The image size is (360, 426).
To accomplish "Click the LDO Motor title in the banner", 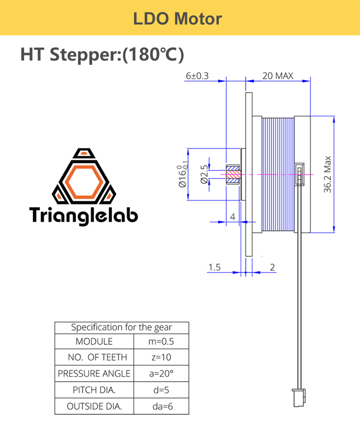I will click(177, 18).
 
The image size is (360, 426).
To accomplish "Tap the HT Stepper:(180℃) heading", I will click(102, 54).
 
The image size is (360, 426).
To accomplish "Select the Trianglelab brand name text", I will click(83, 215).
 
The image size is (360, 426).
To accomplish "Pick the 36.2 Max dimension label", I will click(327, 174).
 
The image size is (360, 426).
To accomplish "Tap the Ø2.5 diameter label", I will click(204, 175).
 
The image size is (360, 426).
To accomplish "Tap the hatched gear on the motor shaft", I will click(232, 174).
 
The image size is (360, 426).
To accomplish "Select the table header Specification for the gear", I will click(121, 327).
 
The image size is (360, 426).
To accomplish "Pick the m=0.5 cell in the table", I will click(161, 341).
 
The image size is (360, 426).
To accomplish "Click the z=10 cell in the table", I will click(161, 357).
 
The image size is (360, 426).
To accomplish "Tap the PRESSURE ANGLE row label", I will click(94, 373).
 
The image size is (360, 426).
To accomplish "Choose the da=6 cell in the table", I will click(161, 406).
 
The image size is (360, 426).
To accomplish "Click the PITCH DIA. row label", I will click(94, 390).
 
